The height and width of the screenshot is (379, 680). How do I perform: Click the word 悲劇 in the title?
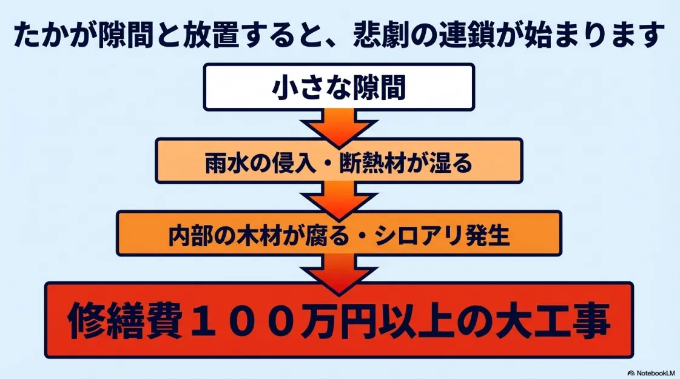380,36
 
